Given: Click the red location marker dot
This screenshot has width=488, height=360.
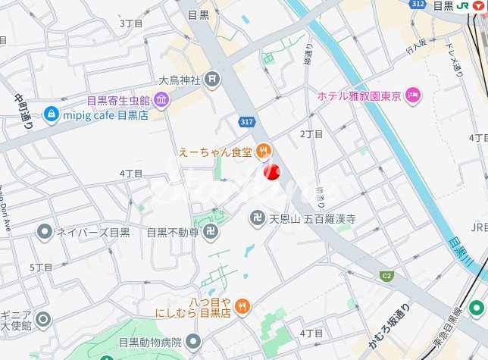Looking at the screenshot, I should pyautogui.click(x=271, y=172).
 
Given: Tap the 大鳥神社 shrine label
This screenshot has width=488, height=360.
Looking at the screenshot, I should pyautogui.click(x=179, y=79).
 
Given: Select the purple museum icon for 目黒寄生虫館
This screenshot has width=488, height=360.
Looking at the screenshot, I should pyautogui.click(x=161, y=99).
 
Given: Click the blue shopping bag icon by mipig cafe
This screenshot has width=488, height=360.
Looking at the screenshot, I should pyautogui.click(x=51, y=114).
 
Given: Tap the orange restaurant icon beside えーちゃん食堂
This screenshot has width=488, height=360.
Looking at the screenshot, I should pyautogui.click(x=263, y=152).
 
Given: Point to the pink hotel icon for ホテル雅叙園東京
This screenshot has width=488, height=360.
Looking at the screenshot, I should pyautogui.click(x=413, y=95).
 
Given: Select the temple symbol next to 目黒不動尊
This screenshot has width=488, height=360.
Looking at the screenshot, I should pyautogui.click(x=212, y=233).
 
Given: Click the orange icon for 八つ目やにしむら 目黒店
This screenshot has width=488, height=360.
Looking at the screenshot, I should pyautogui.click(x=242, y=305).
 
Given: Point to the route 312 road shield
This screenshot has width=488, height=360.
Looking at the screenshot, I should pyautogui.click(x=418, y=5).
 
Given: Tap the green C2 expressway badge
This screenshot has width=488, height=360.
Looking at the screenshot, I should pyautogui.click(x=387, y=276).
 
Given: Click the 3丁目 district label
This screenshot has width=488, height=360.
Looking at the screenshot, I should pyautogui.click(x=131, y=23).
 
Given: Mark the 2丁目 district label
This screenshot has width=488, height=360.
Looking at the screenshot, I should pyautogui.click(x=311, y=134).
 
